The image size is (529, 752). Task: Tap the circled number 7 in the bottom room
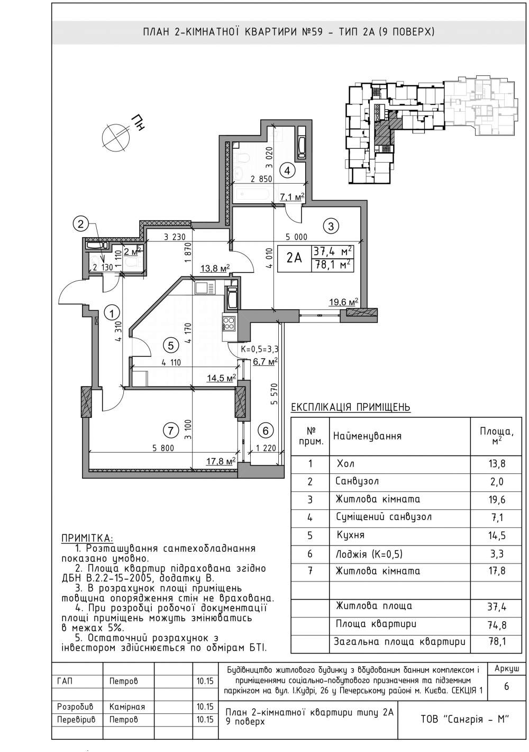click(171, 431)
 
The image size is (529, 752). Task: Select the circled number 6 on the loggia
click(266, 431)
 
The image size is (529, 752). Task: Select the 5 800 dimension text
click(163, 447)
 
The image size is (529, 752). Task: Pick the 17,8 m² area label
click(221, 462)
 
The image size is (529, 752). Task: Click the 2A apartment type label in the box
click(295, 258)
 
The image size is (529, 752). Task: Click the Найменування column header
click(367, 436)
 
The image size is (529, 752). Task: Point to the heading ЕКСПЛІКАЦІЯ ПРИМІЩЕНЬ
click(351, 407)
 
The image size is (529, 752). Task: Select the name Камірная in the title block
click(127, 706)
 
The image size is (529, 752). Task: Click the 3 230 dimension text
click(175, 237)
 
